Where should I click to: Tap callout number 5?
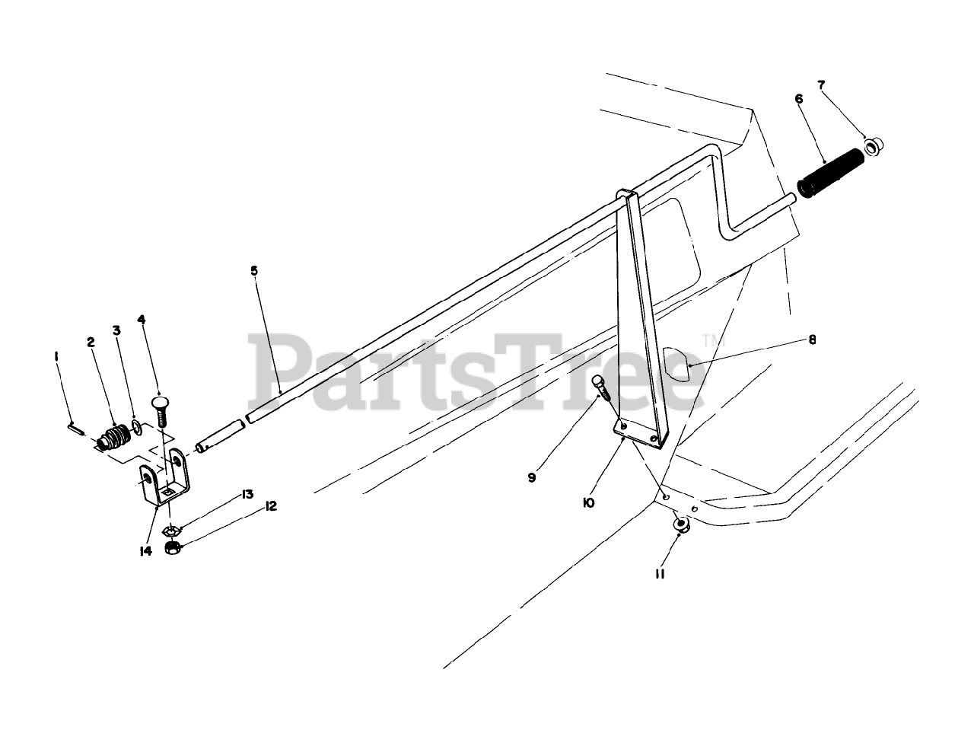[x=254, y=270]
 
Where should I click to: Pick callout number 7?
[x=820, y=84]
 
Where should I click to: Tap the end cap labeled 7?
[x=875, y=145]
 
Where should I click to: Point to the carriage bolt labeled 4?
[x=161, y=411]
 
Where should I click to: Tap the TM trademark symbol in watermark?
[x=709, y=341]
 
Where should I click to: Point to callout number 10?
[x=588, y=503]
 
